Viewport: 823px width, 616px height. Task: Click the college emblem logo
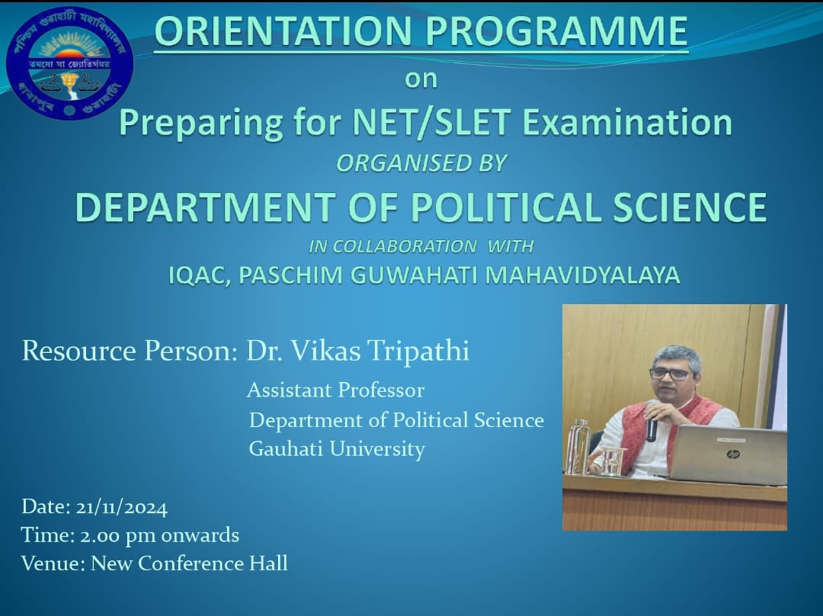[x=70, y=63]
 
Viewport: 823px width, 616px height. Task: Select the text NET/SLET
[x=431, y=122]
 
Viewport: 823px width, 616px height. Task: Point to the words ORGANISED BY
[x=421, y=163]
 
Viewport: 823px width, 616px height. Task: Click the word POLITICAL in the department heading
[x=506, y=207]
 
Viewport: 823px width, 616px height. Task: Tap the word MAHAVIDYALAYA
[x=582, y=275]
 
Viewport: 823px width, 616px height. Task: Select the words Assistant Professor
[x=335, y=390]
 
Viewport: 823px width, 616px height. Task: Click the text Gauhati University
[x=337, y=449]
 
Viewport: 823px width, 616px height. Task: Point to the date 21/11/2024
[x=122, y=507]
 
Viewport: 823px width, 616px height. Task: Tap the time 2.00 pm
[x=117, y=536]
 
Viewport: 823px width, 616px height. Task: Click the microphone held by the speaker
[x=652, y=421]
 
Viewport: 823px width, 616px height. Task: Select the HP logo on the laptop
[x=733, y=454]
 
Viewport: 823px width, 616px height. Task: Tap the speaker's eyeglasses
[x=671, y=374]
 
